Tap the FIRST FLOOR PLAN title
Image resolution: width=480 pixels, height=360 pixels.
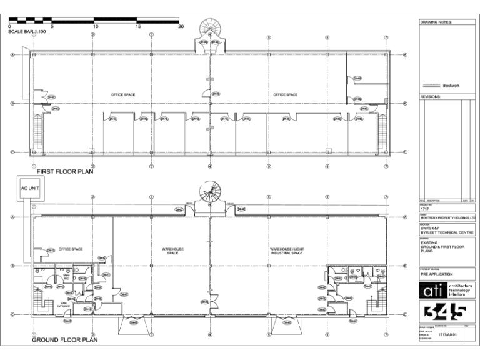[65, 171]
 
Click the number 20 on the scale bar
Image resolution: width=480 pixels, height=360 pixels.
[181, 27]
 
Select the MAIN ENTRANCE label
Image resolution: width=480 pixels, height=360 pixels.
[64, 305]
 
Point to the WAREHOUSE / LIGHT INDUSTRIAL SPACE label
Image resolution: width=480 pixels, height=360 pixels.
[286, 251]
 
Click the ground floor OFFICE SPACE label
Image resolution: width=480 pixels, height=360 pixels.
[71, 249]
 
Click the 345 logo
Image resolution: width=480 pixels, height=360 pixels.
[446, 311]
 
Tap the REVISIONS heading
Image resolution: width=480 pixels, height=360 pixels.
[431, 97]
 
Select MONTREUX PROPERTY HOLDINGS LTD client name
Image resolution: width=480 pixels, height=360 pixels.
[447, 218]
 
